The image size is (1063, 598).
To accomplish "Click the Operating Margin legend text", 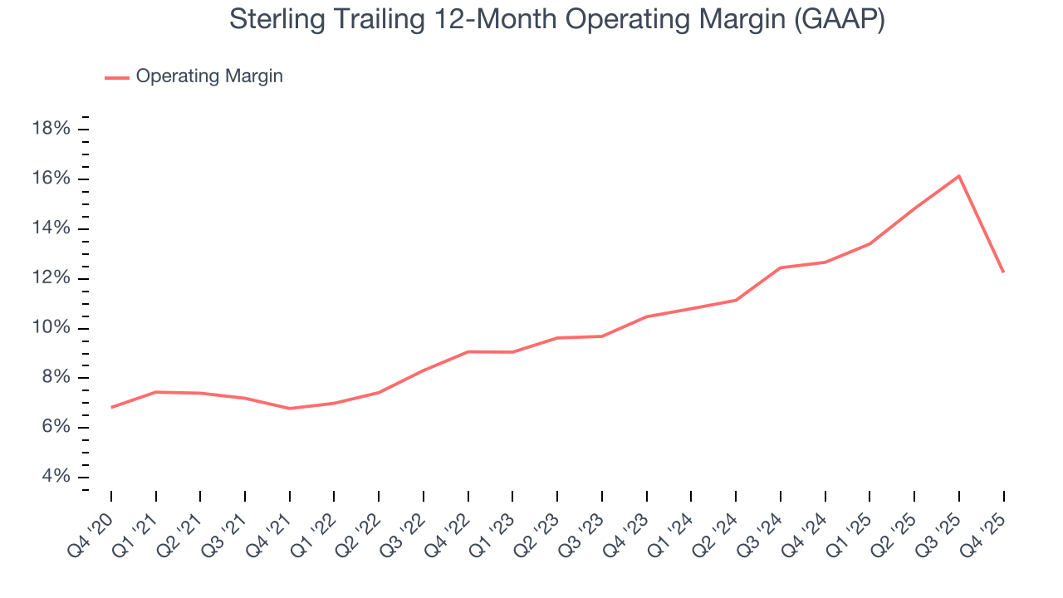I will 209,76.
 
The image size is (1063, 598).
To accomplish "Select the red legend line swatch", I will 117,77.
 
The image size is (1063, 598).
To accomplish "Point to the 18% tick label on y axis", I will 50,129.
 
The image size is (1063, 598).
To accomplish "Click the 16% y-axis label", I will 50,179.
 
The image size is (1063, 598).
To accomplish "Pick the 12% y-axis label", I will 50,278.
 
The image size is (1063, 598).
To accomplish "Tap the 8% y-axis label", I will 55,378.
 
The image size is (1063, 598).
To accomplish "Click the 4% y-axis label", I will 55,477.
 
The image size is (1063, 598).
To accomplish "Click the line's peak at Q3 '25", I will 959,176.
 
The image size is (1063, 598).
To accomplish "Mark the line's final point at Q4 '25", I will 1003,272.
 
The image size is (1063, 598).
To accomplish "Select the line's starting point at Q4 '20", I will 111,407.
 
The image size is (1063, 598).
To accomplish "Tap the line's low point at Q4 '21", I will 290,409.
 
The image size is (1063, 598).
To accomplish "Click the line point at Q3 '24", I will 781,267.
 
